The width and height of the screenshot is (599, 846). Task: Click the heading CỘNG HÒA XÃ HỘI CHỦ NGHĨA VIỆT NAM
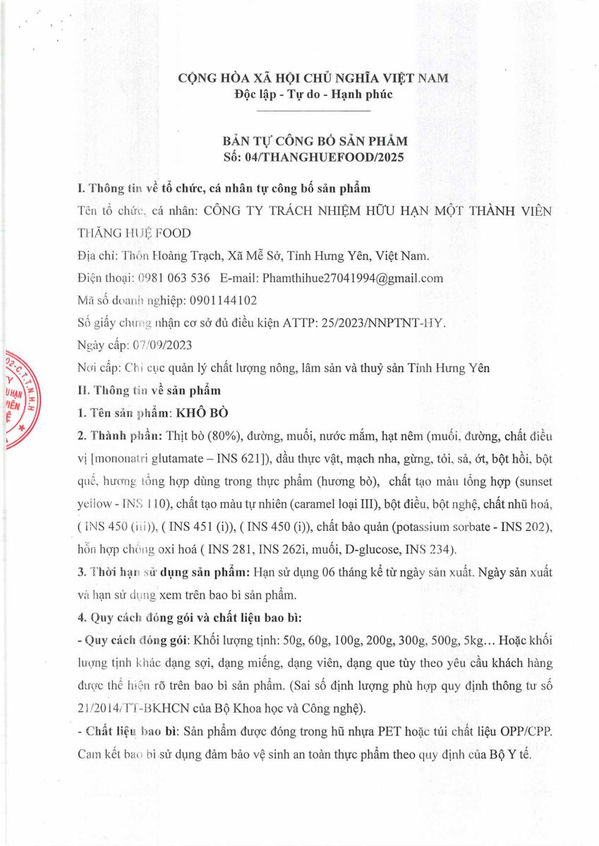click(x=313, y=78)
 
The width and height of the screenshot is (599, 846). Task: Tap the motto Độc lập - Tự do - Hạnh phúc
click(x=313, y=94)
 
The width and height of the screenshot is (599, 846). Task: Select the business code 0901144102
click(x=224, y=300)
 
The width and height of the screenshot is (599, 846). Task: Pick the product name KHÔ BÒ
click(x=198, y=412)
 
